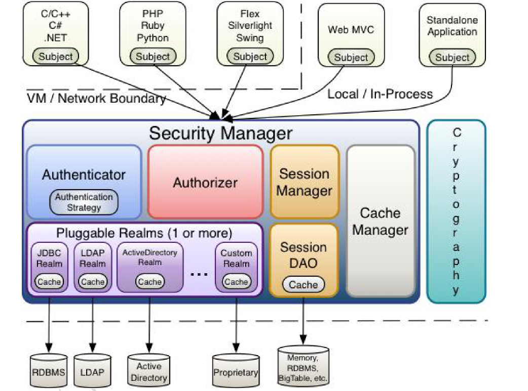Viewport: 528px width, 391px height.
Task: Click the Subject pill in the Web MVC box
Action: (x=351, y=57)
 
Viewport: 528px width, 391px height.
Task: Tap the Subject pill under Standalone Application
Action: (x=452, y=57)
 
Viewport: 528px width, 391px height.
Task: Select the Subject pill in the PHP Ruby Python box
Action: (x=153, y=57)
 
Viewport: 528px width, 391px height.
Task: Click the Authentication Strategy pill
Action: (x=84, y=202)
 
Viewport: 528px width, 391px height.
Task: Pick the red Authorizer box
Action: (x=205, y=182)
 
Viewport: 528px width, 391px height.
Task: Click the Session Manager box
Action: (x=304, y=182)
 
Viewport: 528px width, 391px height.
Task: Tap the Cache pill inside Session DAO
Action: (x=303, y=285)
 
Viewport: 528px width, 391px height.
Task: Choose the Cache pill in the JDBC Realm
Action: (x=49, y=282)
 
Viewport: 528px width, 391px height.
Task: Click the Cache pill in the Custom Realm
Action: (x=236, y=282)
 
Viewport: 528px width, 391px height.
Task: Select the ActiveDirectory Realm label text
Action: (x=149, y=257)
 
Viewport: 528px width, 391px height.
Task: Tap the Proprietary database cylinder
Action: (x=236, y=372)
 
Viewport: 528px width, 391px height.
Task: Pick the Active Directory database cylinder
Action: (x=148, y=372)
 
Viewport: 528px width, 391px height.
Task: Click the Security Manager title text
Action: (x=220, y=133)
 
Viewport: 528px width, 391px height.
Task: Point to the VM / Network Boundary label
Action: (x=96, y=98)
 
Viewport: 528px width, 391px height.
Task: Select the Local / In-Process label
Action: (x=380, y=94)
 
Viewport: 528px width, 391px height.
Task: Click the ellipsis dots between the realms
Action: (x=199, y=274)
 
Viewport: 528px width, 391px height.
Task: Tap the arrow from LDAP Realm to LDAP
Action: (x=93, y=324)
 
